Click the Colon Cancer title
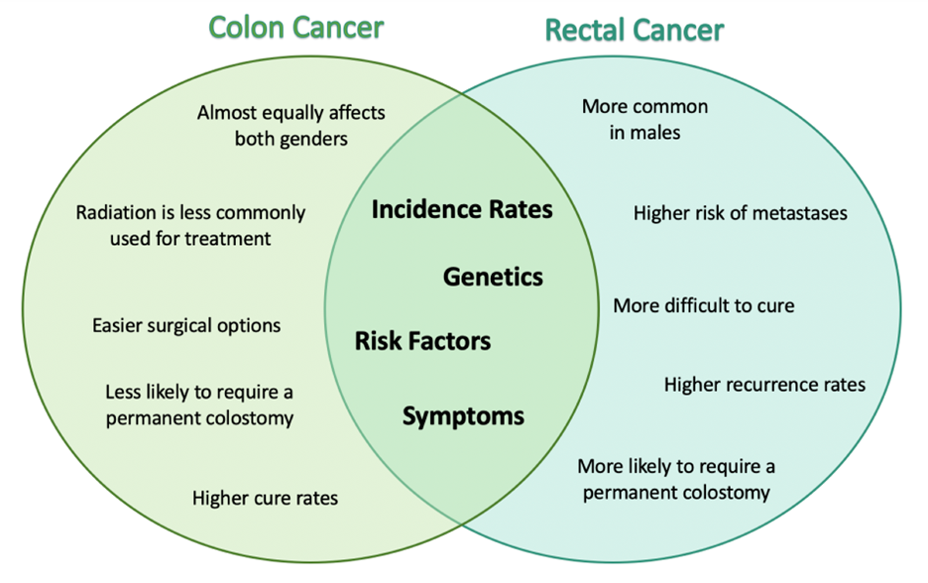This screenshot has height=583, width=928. pos(295,27)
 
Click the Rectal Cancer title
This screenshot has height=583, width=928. pos(635,30)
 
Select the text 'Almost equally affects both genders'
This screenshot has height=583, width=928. pos(290,125)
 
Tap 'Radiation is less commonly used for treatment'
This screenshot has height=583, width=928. pos(190,225)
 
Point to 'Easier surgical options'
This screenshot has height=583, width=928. pos(186,325)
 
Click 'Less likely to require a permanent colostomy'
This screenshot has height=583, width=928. pos(199,405)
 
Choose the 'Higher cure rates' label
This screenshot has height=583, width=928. pos(265,498)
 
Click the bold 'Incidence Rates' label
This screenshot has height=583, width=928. pos(462,209)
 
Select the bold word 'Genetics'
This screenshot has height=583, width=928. pos(493,277)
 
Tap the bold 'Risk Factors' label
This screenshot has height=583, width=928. pos(422,342)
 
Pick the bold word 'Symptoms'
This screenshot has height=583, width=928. pos(463,416)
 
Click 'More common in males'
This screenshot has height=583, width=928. pos(644,119)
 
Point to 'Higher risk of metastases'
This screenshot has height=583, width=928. pos(741,212)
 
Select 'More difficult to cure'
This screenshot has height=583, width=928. pos(703,305)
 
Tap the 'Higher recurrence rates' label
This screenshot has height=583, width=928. pos(764,384)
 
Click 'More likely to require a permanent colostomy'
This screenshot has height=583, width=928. pos(676,479)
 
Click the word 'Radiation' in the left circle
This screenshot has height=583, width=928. pos(115,212)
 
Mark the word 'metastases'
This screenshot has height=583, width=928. pos(800,212)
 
